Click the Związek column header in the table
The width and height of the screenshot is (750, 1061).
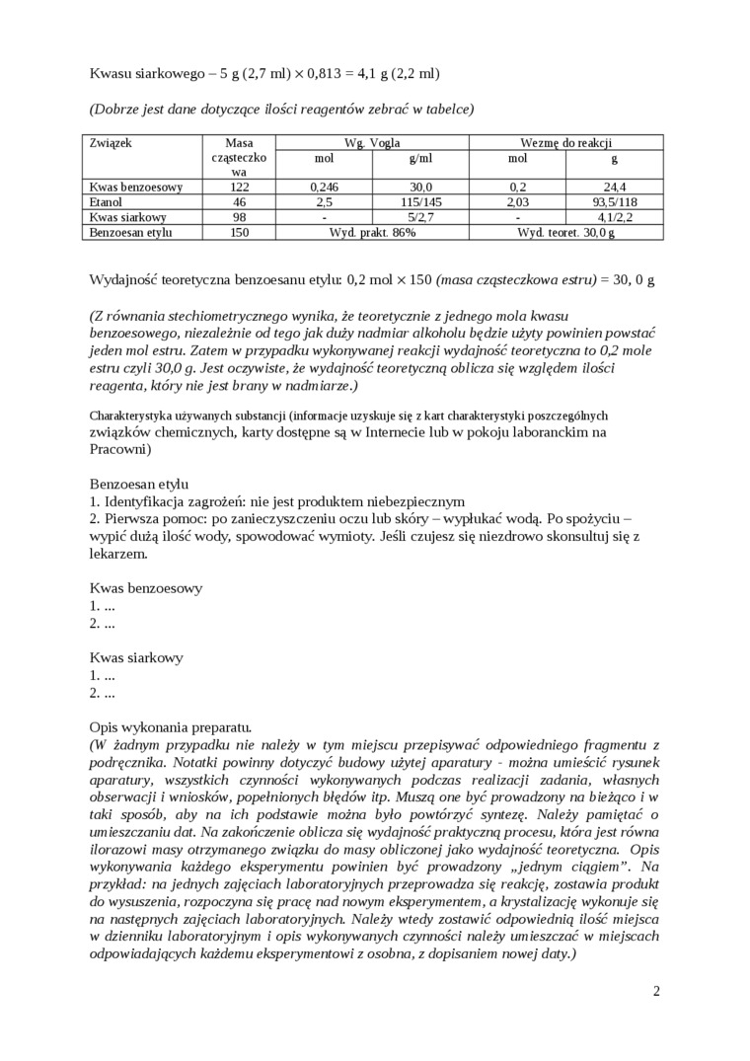[111, 142]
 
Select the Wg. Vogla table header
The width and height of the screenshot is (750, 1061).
[372, 142]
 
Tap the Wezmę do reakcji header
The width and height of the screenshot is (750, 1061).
[565, 142]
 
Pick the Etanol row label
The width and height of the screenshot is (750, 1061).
[106, 201]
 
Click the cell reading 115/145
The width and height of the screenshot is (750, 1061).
[420, 201]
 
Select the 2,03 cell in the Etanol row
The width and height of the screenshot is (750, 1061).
[517, 201]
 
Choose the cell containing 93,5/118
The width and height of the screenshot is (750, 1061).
[614, 201]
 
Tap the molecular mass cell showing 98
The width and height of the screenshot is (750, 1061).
[239, 217]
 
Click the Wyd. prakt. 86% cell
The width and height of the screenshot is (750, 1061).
[372, 232]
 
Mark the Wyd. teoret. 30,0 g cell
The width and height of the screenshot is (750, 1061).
[565, 232]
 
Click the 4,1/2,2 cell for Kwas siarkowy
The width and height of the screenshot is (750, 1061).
[614, 217]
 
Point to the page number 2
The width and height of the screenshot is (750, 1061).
[656, 991]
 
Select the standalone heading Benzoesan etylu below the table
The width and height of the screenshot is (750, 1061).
[139, 484]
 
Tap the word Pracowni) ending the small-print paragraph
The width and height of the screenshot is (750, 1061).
[120, 449]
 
